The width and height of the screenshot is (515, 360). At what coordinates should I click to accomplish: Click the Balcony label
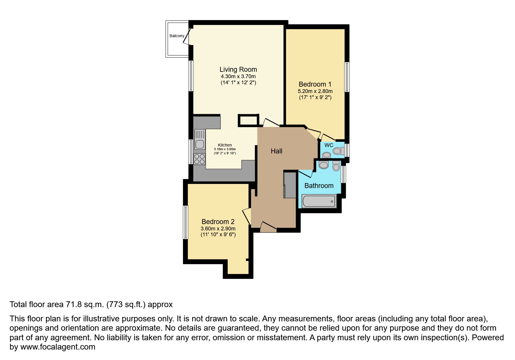pos(177,36)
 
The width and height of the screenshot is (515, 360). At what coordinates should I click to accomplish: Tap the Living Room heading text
pos(238,69)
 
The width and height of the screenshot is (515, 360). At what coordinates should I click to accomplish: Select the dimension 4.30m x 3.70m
pos(238,76)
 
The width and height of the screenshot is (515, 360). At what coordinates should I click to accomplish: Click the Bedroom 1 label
pos(315,84)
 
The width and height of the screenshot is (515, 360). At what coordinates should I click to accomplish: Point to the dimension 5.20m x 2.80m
pos(315,91)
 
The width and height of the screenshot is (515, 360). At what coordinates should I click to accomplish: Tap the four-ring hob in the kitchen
pos(199,159)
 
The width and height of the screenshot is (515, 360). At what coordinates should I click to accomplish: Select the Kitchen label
pos(225,145)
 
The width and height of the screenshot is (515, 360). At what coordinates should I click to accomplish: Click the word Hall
pos(276,151)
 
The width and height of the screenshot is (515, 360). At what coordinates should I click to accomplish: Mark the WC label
pos(329,145)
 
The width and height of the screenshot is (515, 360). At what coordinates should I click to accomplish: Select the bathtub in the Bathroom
pos(319,201)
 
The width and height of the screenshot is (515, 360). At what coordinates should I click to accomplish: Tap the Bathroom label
pos(319,186)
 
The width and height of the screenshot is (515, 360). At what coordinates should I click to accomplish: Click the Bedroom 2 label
pos(218,222)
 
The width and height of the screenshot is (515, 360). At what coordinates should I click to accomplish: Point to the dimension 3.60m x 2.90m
pos(218,229)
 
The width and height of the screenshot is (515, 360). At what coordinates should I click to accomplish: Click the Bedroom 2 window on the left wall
pos(185,222)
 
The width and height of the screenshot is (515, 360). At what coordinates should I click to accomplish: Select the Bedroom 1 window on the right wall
pos(347,77)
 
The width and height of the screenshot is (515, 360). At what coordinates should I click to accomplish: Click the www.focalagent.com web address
pos(58,347)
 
